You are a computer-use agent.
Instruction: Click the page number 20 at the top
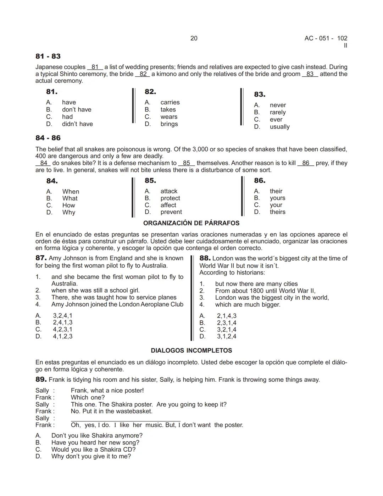194,38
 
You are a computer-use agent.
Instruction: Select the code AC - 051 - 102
326,38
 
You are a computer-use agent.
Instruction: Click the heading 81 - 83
48,56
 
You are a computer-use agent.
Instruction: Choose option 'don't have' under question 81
76,110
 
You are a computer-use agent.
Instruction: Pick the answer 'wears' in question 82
169,117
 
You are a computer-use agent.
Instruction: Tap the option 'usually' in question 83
279,127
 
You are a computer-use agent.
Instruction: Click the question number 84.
52,181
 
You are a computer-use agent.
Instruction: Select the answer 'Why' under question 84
69,212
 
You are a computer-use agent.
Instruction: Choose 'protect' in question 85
170,198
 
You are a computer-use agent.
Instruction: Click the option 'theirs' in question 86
277,212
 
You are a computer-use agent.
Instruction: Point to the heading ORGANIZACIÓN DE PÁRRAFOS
191,223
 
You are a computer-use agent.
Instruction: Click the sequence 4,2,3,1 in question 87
63,329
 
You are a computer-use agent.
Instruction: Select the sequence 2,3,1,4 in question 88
227,323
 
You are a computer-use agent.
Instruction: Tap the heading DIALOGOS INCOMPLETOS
191,350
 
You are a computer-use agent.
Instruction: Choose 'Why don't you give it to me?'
91,456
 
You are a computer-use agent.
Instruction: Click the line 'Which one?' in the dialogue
88,397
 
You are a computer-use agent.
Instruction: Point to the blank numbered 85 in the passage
187,163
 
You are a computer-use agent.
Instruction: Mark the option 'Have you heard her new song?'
95,442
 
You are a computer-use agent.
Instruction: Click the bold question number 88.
205,258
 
